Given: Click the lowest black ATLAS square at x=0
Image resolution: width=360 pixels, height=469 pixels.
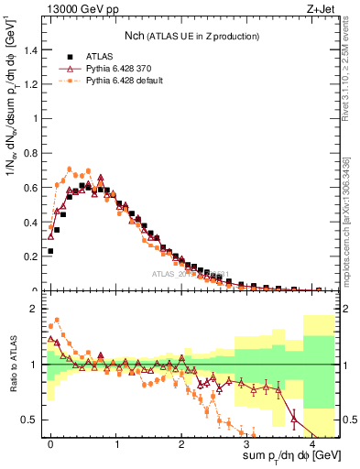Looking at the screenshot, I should click(x=51, y=250).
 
